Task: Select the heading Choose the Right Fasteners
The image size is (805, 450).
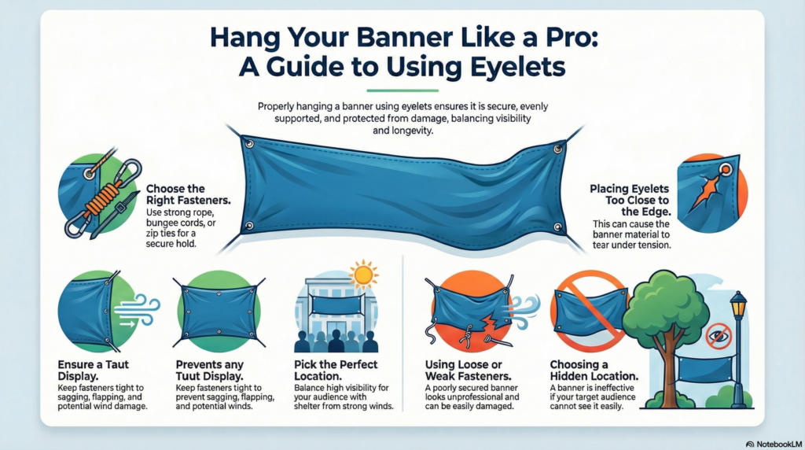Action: tap(176, 195)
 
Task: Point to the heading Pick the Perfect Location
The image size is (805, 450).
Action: tap(336, 371)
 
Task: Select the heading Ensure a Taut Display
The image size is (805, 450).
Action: tap(93, 371)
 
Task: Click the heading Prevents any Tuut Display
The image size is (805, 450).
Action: tap(212, 371)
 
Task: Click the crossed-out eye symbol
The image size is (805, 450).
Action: tap(717, 336)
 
